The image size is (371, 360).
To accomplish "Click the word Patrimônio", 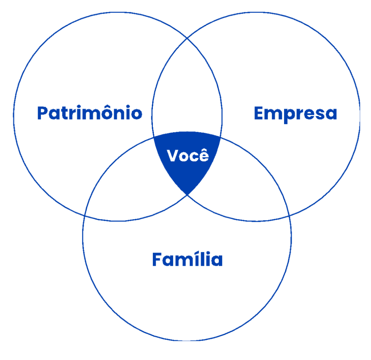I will [89, 113].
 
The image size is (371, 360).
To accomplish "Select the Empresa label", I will [295, 113].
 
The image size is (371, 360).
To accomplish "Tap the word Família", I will [187, 260].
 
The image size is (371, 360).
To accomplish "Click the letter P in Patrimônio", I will [43, 113].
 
